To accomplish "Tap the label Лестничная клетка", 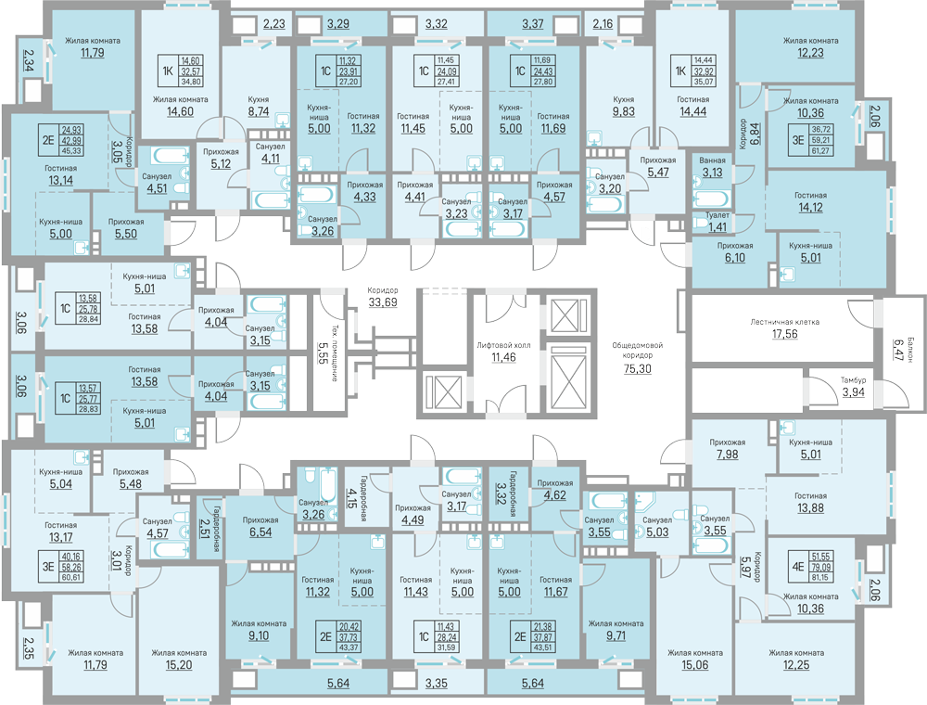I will [x=786, y=323].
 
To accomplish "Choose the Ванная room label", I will [x=712, y=160].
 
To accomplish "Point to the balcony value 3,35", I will [x=437, y=686].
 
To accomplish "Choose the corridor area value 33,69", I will [x=383, y=302].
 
